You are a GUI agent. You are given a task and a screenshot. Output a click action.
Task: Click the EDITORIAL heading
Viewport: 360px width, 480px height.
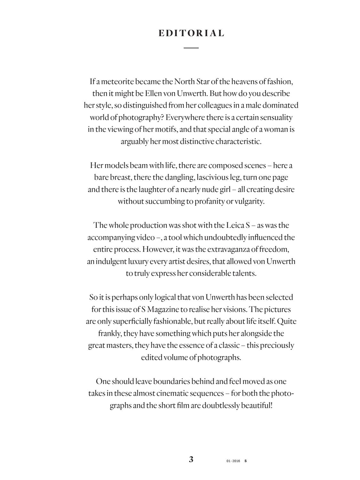(x=191, y=33)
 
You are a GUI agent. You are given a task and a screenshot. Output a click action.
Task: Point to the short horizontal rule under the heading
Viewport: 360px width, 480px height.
(x=191, y=48)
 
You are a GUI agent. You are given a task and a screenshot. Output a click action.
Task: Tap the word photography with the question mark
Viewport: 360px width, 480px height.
(x=141, y=117)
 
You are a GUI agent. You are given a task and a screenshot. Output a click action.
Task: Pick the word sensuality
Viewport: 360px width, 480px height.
(x=276, y=117)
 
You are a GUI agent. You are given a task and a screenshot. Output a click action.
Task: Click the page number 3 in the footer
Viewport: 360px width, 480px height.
(x=191, y=460)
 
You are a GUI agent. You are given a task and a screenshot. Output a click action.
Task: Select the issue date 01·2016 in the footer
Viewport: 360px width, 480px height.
(x=233, y=461)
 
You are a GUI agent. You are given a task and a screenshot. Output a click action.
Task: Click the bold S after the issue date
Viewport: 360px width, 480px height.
(x=245, y=461)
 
